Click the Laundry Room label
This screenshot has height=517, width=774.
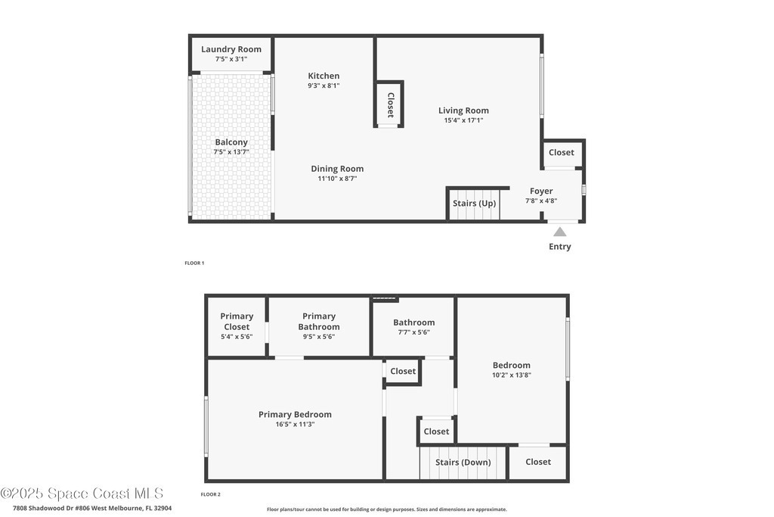click(231, 49)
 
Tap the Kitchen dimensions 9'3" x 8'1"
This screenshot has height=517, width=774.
click(324, 86)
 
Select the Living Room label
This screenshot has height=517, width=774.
click(463, 111)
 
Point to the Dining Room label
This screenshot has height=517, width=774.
click(337, 169)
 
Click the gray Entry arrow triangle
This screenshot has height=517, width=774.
click(560, 232)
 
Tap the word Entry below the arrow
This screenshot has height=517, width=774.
click(560, 246)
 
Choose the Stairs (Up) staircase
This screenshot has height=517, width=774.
click(475, 204)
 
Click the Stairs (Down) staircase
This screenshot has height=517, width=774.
click(463, 462)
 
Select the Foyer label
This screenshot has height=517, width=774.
click(541, 191)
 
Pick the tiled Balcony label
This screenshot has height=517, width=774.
click(231, 142)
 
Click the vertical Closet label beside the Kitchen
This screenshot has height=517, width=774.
click(391, 104)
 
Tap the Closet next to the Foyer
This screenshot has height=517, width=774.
click(562, 152)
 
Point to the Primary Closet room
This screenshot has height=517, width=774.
click(237, 326)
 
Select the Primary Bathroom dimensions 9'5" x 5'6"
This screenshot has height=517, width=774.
click(319, 337)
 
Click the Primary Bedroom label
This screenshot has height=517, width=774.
click(296, 414)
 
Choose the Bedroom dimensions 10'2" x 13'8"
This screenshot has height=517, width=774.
click(512, 375)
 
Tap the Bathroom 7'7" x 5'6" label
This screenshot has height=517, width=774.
click(413, 327)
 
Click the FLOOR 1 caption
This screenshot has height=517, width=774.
click(194, 263)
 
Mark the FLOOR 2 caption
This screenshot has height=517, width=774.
click(210, 494)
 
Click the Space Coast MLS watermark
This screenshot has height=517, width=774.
click(82, 494)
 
